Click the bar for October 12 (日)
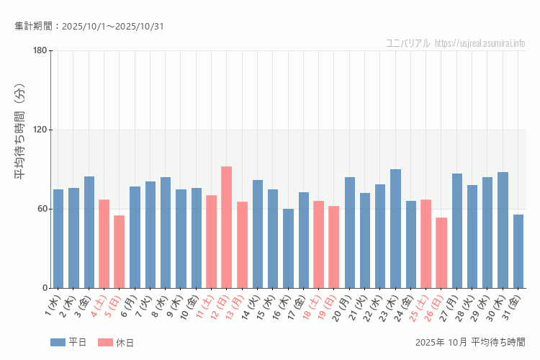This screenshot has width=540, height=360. point(226,228)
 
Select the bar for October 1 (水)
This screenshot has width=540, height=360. point(58,239)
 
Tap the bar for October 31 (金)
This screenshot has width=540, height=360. point(518,251)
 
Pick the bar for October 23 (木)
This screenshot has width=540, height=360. point(395,229)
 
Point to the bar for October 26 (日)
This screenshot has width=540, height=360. point(441,253)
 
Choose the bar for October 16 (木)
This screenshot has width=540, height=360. point(288,248)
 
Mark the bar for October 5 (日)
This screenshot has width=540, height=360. point(119,252)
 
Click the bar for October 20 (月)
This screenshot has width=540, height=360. point(350,233)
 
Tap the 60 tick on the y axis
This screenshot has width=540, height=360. point(42,209)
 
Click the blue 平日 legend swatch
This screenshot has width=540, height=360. point(58,342)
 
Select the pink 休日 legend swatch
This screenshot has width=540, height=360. point(105,342)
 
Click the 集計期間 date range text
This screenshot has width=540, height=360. point(89,27)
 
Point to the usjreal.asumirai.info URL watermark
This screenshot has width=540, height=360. point(480,43)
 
